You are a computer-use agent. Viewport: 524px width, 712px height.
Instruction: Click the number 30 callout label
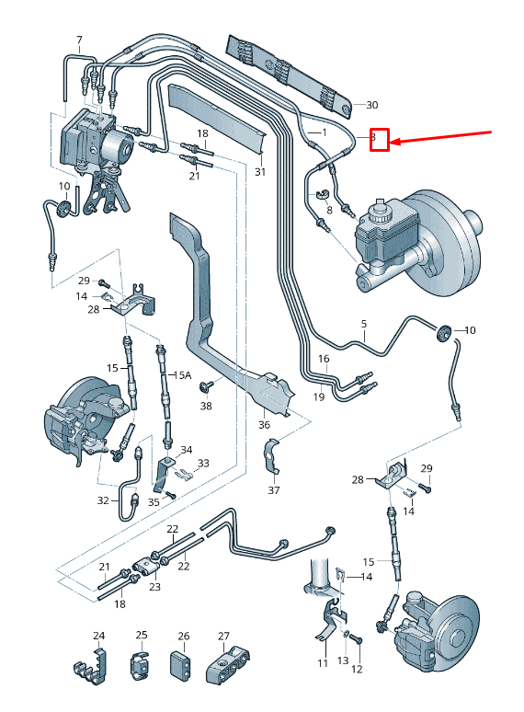(x=372, y=104)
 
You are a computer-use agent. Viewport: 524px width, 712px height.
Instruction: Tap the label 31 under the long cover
(x=259, y=172)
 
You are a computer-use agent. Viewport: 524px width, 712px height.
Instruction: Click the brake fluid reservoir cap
(x=377, y=202)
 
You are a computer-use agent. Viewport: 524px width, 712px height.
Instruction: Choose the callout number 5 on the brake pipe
(x=363, y=324)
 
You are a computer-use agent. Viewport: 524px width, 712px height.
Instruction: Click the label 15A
(x=183, y=375)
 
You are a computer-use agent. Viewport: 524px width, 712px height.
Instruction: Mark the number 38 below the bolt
(x=205, y=405)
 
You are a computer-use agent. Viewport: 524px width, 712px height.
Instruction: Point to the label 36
(x=265, y=424)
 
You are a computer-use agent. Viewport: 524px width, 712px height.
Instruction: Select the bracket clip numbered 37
(x=273, y=457)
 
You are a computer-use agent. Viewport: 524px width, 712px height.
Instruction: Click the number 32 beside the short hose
(x=103, y=500)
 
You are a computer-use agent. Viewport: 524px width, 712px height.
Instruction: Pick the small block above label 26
(x=182, y=665)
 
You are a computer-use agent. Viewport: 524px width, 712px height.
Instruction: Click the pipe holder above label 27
(x=227, y=665)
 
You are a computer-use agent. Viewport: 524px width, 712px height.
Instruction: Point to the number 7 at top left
(x=79, y=40)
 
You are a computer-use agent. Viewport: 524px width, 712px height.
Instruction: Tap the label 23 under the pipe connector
(x=154, y=586)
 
